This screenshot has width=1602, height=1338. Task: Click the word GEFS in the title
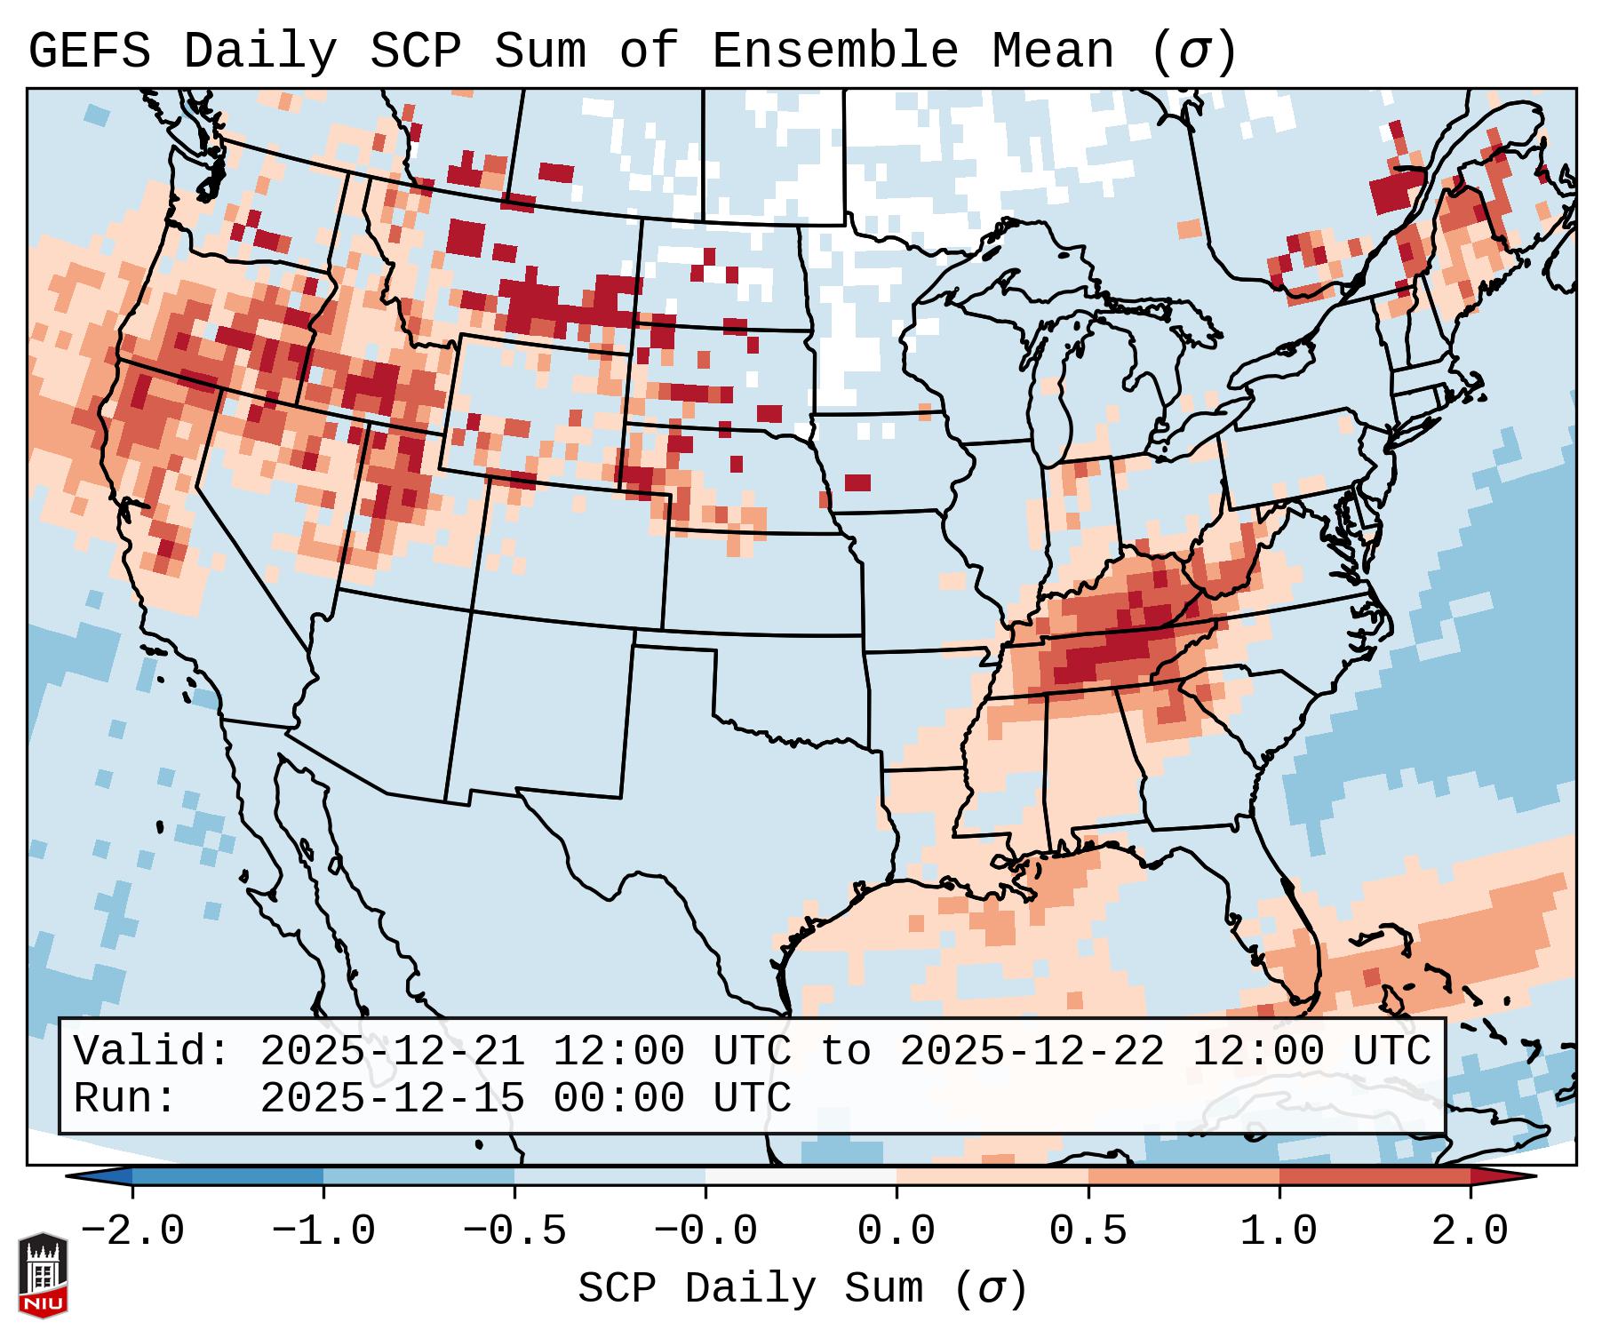tap(89, 52)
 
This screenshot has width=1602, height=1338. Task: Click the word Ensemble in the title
tap(835, 52)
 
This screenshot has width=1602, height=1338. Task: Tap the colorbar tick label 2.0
tap(1470, 1231)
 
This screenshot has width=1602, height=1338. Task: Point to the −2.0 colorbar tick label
tap(132, 1231)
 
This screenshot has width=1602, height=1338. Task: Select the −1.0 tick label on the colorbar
tap(323, 1231)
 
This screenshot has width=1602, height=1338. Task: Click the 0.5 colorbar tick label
tap(1088, 1231)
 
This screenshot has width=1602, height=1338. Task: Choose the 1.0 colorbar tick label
tap(1279, 1231)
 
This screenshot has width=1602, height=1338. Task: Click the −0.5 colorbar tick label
tap(514, 1231)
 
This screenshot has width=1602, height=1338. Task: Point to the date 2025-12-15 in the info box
tap(392, 1098)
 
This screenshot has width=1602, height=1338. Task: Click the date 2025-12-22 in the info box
tap(1032, 1051)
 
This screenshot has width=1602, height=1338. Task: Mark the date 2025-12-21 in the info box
tap(392, 1051)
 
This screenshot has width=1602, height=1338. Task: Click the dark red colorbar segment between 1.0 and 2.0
tap(1375, 1176)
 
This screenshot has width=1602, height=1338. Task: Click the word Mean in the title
tap(1052, 52)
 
